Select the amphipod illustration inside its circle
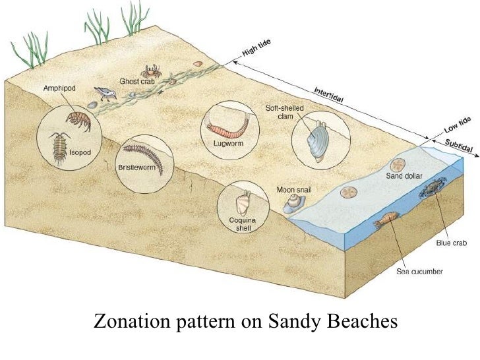[78, 120]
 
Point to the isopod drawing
[60, 146]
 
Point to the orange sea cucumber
[384, 221]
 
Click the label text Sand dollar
[404, 175]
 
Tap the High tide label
[257, 48]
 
